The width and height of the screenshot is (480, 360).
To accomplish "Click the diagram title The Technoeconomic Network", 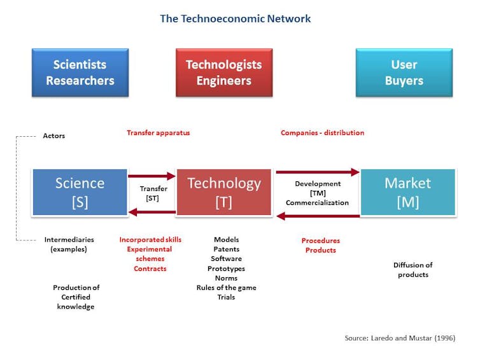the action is (x=235, y=18).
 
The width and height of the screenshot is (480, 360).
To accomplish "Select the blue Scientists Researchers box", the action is (x=80, y=73).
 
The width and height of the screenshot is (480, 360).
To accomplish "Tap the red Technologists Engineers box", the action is (x=224, y=73).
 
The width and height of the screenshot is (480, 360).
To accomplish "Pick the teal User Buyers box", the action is (x=404, y=73).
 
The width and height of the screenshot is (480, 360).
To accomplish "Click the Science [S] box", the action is (x=80, y=192).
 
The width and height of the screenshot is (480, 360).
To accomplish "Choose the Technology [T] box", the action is (x=224, y=192).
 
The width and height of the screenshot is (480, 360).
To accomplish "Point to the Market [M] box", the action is (x=408, y=192).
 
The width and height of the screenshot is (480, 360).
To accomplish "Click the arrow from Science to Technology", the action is (x=152, y=176).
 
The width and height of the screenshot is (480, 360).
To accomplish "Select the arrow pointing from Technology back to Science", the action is (x=152, y=212).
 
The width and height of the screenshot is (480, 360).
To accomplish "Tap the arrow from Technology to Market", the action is (x=318, y=172).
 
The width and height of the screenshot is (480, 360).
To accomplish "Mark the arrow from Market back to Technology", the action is (x=318, y=216).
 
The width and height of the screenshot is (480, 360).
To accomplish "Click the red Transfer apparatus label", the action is (x=159, y=133).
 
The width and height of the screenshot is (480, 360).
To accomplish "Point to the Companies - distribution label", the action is (x=322, y=133).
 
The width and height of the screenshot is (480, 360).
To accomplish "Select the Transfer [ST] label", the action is (x=153, y=193).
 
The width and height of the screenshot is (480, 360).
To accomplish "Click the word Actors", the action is (x=54, y=135).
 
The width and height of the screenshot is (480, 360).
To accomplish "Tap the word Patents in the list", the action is (x=226, y=249).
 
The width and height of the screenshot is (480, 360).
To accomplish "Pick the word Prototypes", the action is (x=226, y=268).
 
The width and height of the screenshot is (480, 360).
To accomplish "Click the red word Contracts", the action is (x=150, y=268).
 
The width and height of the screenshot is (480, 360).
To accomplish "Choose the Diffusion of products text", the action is (x=413, y=270).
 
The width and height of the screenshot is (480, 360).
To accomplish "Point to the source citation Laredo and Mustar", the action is (x=400, y=338).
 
